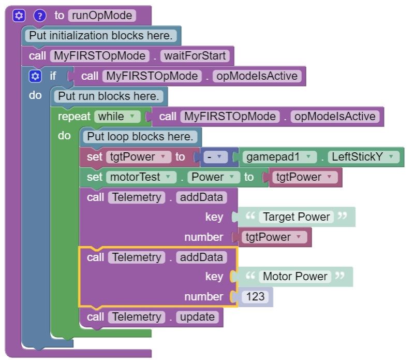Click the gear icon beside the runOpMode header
click(19, 16)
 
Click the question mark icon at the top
click(40, 16)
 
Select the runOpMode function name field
click(102, 16)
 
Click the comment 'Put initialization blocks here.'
click(101, 36)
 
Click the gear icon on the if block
click(35, 76)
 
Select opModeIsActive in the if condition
click(257, 76)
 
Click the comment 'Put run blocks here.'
click(109, 96)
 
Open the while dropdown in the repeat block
click(117, 117)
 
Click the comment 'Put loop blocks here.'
click(140, 137)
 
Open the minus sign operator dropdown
click(212, 157)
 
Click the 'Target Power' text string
click(296, 217)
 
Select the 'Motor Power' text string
click(295, 277)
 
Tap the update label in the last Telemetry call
click(197, 317)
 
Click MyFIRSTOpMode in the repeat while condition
click(230, 117)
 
